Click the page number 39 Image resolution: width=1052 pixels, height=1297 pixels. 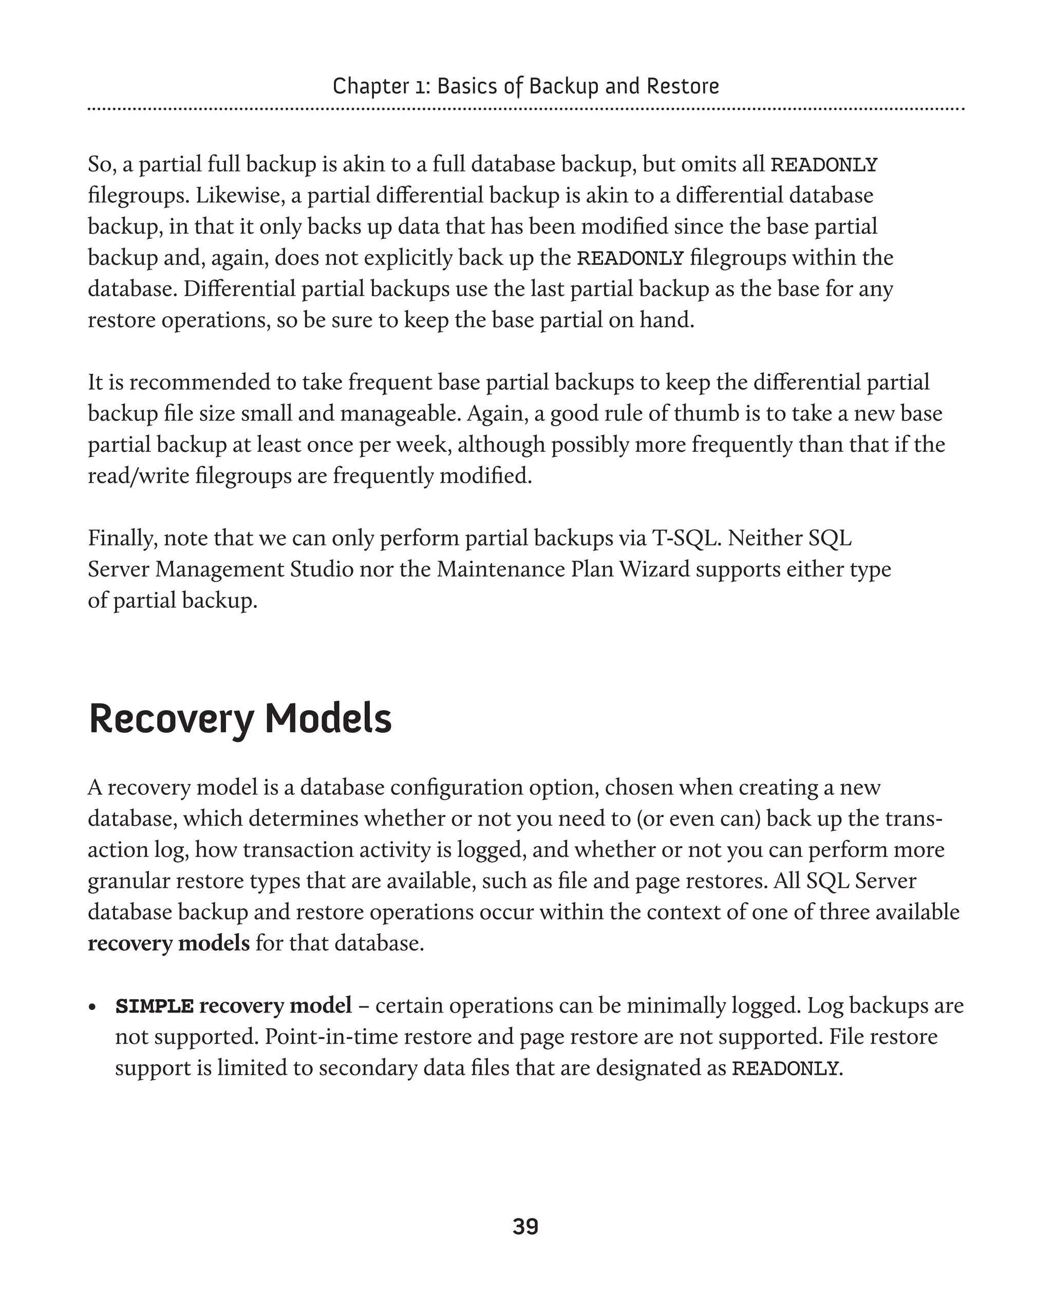coord(525,1226)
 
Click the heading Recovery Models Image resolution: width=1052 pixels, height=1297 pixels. coord(240,719)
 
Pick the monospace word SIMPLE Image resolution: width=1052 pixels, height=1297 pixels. coord(155,1006)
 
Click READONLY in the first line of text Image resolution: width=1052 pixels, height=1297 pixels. coord(823,165)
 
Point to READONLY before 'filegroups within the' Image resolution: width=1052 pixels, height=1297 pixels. coord(630,259)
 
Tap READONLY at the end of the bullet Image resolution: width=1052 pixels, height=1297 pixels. coord(785,1069)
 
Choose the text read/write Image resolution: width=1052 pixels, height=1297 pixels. coord(139,476)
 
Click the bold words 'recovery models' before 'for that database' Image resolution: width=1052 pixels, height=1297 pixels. coord(168,943)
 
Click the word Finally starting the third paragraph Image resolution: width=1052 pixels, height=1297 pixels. coord(122,539)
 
